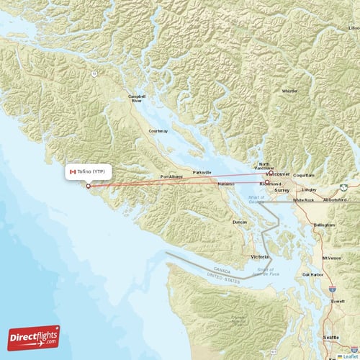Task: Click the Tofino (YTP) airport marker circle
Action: (89, 186)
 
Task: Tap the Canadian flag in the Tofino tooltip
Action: (73, 171)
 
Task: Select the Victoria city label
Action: (259, 256)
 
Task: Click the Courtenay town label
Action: (158, 131)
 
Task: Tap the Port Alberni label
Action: (173, 176)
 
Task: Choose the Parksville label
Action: (202, 173)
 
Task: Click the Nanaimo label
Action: (227, 184)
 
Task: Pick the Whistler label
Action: (289, 91)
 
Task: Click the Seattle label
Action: (331, 337)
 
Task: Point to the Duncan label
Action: (240, 222)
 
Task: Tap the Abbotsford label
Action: (336, 199)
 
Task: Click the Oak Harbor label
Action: (312, 274)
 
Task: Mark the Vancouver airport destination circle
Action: (269, 173)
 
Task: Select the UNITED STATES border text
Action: (222, 275)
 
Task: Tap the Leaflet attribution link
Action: (351, 356)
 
